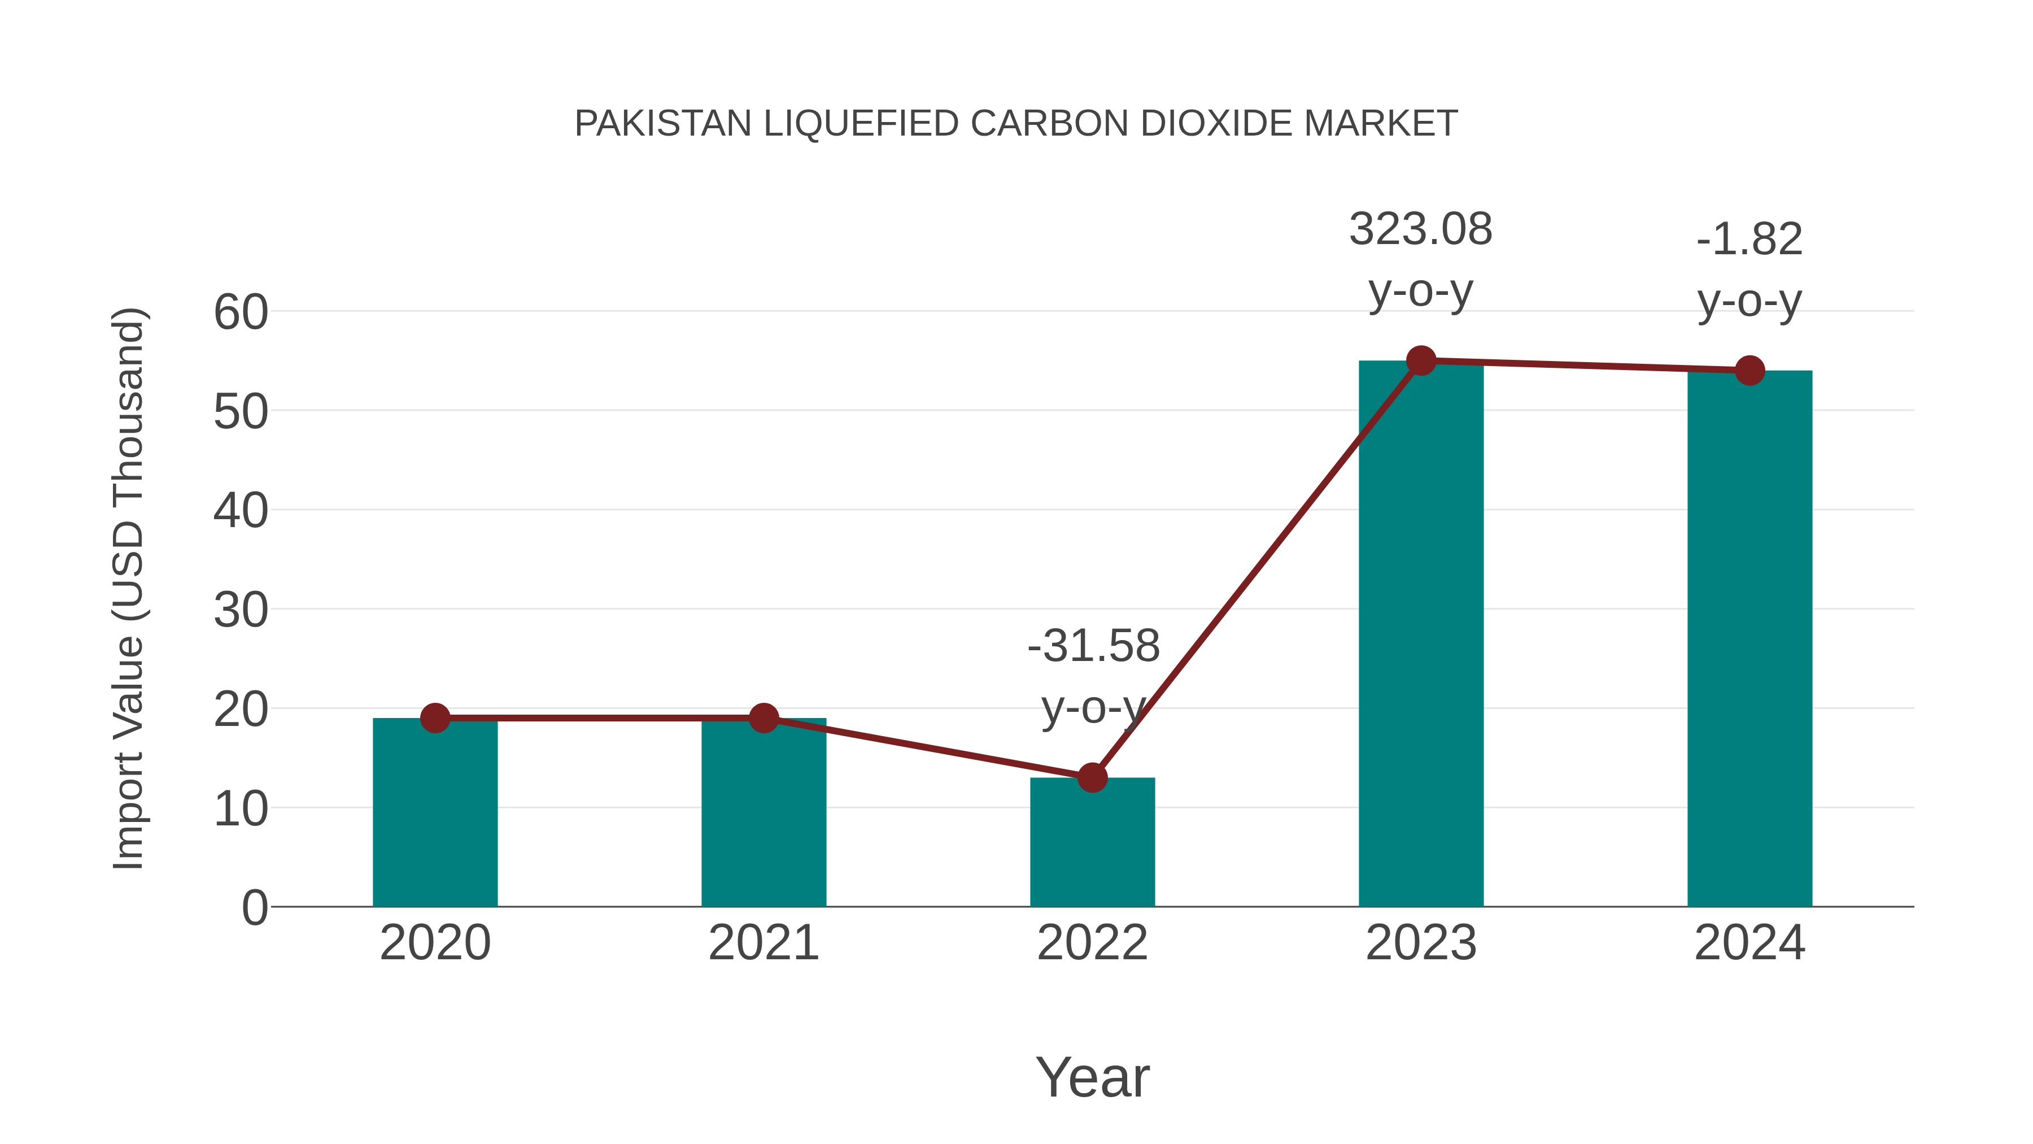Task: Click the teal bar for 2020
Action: [435, 813]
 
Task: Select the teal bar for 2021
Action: [763, 813]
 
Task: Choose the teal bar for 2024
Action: [1750, 639]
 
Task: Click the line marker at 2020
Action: [435, 717]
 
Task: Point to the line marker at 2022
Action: [1092, 778]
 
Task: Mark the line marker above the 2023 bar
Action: [1421, 361]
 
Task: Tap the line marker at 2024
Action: [1750, 370]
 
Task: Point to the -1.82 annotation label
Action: [1750, 239]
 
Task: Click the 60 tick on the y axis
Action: [241, 312]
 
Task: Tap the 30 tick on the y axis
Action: [241, 610]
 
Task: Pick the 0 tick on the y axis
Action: [255, 908]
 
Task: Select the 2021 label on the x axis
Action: [763, 943]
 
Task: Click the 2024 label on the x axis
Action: [1750, 943]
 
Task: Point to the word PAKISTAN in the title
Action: [663, 124]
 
